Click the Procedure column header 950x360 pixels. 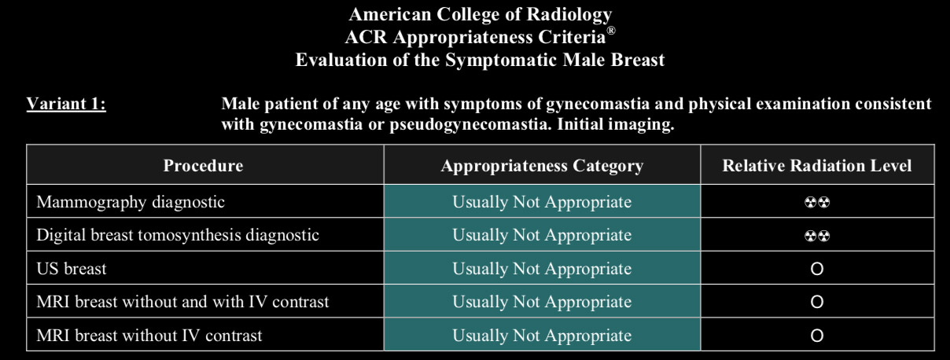pyautogui.click(x=203, y=165)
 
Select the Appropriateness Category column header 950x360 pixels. pyautogui.click(x=542, y=166)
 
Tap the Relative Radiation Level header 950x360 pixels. pyautogui.click(x=817, y=165)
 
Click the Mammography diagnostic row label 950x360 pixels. pyautogui.click(x=131, y=202)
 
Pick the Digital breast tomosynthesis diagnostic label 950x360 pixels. pyautogui.click(x=178, y=235)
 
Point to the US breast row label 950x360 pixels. pyautogui.click(x=72, y=269)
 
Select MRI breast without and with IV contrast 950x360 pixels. pyautogui.click(x=182, y=302)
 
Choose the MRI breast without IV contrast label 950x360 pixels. pyautogui.click(x=149, y=336)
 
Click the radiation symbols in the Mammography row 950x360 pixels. pyautogui.click(x=817, y=202)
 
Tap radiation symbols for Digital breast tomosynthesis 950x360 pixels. pyautogui.click(x=817, y=236)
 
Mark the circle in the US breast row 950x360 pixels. pyautogui.click(x=817, y=269)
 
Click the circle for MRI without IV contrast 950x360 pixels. pyautogui.click(x=817, y=336)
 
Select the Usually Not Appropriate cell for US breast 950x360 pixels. pyautogui.click(x=542, y=269)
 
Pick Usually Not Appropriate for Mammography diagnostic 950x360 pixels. pyautogui.click(x=542, y=202)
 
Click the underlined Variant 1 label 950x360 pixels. pyautogui.click(x=66, y=104)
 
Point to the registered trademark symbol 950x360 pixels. pyautogui.click(x=611, y=31)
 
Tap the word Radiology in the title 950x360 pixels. pyautogui.click(x=569, y=15)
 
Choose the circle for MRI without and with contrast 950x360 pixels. pyautogui.click(x=817, y=303)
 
